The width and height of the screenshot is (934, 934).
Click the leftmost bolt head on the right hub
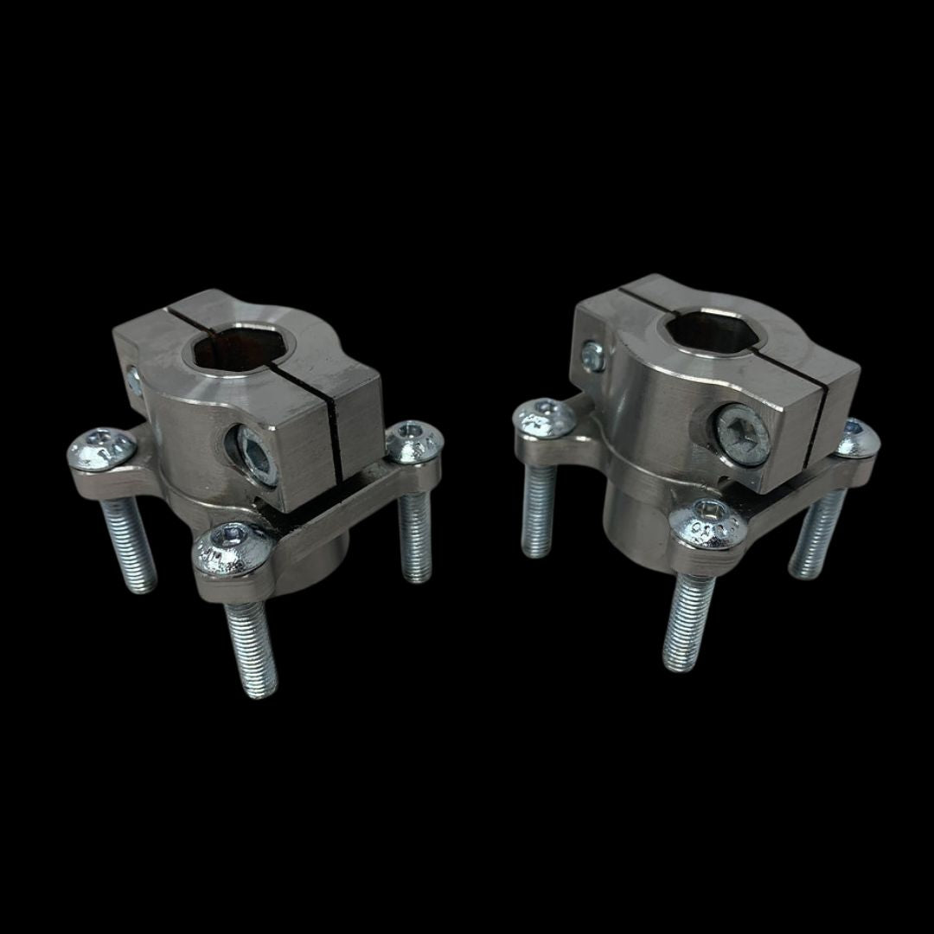[x=544, y=418]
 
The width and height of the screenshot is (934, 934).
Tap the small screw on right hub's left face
[x=592, y=355]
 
